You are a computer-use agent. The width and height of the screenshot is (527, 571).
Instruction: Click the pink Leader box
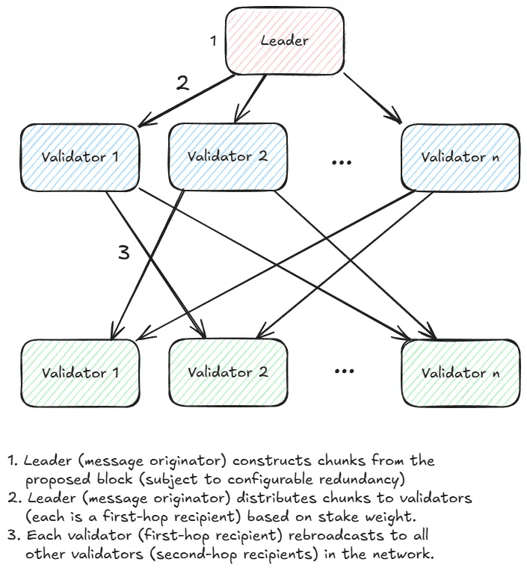tap(285, 41)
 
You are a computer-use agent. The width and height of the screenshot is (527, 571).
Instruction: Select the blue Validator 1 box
tap(80, 157)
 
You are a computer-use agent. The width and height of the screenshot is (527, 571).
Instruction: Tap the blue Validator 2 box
tap(227, 157)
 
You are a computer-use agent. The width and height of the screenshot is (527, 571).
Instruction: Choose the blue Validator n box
tap(460, 157)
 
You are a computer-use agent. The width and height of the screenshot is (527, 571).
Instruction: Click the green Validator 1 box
tap(80, 372)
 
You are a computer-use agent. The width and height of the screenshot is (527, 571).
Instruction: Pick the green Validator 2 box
tap(227, 371)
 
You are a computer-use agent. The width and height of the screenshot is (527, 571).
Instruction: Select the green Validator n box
tap(460, 372)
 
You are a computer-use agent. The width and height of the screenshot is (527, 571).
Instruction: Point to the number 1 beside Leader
tap(213, 41)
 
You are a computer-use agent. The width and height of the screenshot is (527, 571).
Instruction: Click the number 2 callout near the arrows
tap(182, 83)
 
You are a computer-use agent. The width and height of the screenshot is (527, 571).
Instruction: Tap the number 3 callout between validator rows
tap(124, 253)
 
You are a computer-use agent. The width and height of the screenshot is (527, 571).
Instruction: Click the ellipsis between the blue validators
tap(341, 161)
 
